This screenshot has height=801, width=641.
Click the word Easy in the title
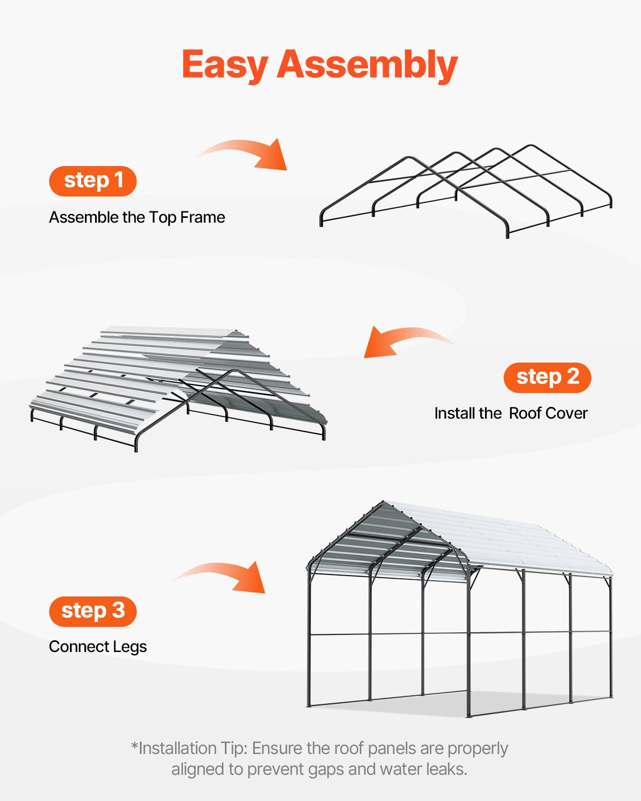(225, 65)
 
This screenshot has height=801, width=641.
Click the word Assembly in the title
(367, 65)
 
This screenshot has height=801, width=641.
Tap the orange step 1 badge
(93, 180)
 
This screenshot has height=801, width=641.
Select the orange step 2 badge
(547, 377)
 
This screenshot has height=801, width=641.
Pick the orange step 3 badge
(93, 611)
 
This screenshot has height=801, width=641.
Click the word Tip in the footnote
(234, 749)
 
